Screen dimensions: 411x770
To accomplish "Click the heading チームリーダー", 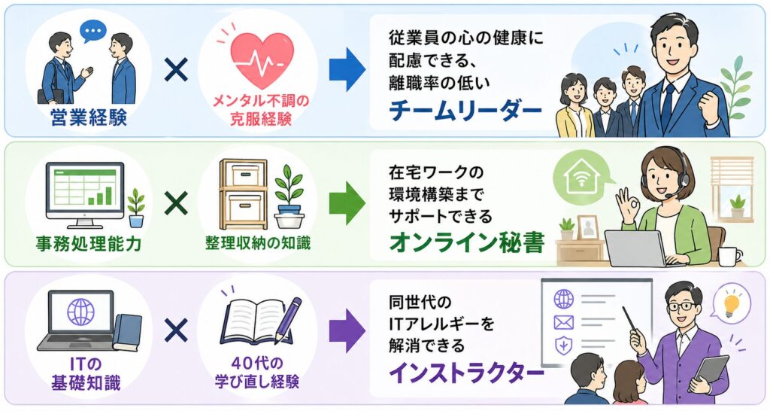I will pyautogui.click(x=465, y=111).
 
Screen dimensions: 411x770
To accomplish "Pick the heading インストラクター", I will pyautogui.click(x=465, y=373).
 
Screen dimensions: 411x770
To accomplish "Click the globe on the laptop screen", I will pyautogui.click(x=80, y=312).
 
